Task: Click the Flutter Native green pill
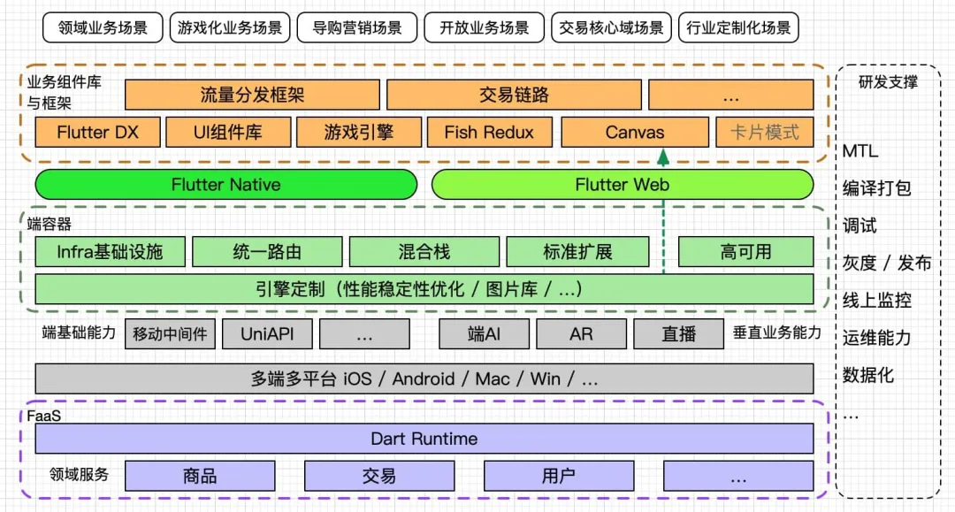coord(225,185)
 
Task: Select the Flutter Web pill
coord(622,185)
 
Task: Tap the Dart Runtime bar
coord(424,439)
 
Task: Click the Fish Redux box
coord(489,133)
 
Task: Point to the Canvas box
coord(634,133)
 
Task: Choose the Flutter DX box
coord(98,133)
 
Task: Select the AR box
coord(581,334)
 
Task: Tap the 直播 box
coord(678,334)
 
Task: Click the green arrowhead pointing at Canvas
coord(663,157)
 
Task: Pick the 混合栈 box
coord(424,252)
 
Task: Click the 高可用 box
coord(745,252)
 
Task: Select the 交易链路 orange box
coord(514,95)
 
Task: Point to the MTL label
coord(860,151)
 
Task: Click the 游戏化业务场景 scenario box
coord(229,27)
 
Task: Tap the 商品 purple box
coord(200,476)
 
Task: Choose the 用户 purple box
coord(558,476)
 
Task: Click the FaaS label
coord(44,416)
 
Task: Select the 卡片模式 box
coord(764,133)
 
